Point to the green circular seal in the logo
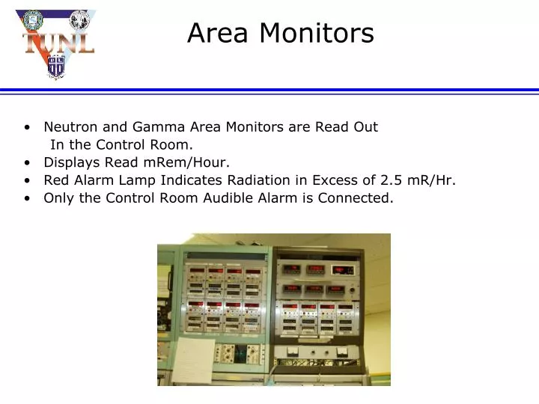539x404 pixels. (33, 19)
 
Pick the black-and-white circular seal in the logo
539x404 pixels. (79, 19)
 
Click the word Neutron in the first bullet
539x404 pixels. (68, 126)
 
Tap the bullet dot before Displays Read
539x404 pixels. (27, 163)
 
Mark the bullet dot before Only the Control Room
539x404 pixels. (27, 199)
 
